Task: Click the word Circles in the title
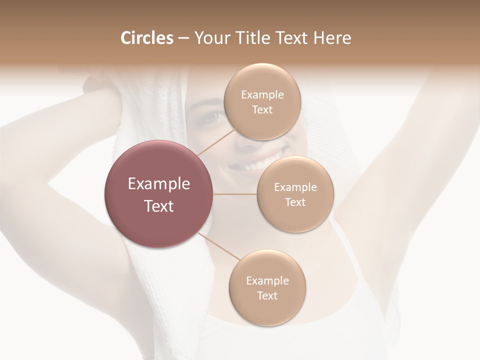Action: pyautogui.click(x=146, y=38)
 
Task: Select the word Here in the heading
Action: pyautogui.click(x=332, y=38)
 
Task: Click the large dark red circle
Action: pyautogui.click(x=158, y=194)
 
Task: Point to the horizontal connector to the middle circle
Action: pyautogui.click(x=235, y=194)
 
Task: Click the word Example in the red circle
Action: pyautogui.click(x=159, y=184)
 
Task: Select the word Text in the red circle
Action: pyautogui.click(x=159, y=206)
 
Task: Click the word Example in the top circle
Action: pyautogui.click(x=262, y=95)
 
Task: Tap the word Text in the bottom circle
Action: pyautogui.click(x=267, y=295)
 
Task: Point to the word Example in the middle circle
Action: pyautogui.click(x=295, y=187)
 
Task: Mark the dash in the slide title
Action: pyautogui.click(x=183, y=38)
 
